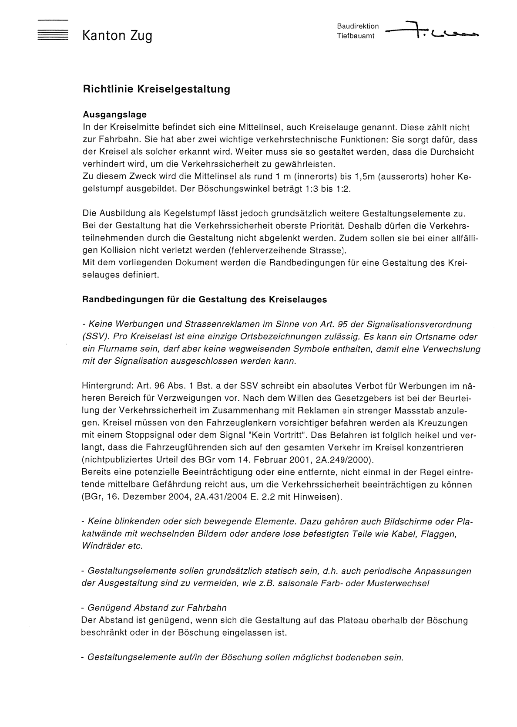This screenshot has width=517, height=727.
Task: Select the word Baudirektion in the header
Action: point(358,26)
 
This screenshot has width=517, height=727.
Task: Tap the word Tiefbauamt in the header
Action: point(356,36)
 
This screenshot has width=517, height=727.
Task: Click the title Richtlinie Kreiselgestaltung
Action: point(156,89)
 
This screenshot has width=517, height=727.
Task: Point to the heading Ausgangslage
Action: point(114,115)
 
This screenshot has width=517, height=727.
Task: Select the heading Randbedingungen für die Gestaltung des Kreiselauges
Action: point(204,300)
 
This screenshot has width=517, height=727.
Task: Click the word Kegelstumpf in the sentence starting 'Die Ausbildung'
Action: point(188,214)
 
